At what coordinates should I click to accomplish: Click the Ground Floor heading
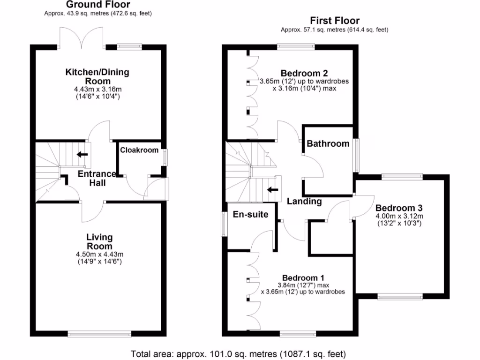point(98,5)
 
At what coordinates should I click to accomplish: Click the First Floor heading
point(335,21)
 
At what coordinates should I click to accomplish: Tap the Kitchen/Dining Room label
point(97,76)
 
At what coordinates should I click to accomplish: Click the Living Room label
point(99,242)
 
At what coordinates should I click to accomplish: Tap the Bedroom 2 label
point(304,73)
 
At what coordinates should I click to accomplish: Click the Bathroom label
point(328,143)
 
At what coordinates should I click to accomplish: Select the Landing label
point(304,202)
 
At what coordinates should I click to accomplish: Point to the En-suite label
point(250,215)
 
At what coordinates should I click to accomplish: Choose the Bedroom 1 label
point(303,277)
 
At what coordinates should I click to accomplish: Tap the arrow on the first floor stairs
point(271,190)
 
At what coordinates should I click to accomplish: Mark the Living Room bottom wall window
point(99,334)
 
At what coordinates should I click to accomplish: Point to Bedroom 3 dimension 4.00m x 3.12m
point(399,216)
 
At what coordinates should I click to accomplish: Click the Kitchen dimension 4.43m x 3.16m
point(97,89)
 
